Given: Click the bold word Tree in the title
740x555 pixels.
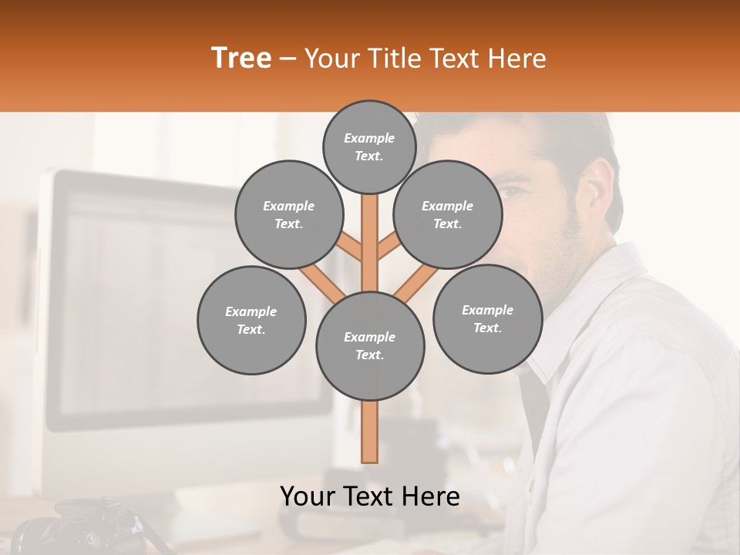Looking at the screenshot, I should pos(241,58).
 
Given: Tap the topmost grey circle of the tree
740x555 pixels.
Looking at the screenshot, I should pos(369,146).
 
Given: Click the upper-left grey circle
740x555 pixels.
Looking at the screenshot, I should pos(289,214).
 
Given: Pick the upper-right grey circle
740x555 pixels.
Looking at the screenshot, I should pos(448,214).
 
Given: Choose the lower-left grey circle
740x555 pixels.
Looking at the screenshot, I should pos(251,320).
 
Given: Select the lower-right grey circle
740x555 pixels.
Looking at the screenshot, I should pos(487,318).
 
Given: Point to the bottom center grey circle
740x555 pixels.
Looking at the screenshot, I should pos(370,346).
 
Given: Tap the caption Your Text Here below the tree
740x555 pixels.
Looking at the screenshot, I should pos(370,496).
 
